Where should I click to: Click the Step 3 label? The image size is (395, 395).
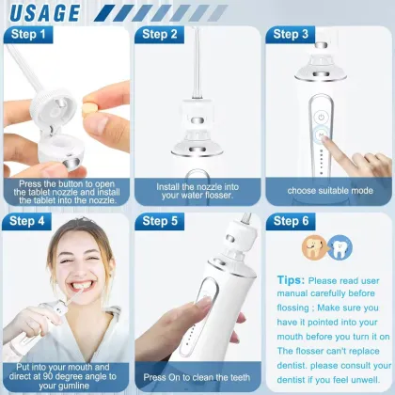[291, 35]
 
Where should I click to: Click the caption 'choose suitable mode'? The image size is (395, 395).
[329, 190]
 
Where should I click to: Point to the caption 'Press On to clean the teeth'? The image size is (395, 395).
[197, 377]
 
